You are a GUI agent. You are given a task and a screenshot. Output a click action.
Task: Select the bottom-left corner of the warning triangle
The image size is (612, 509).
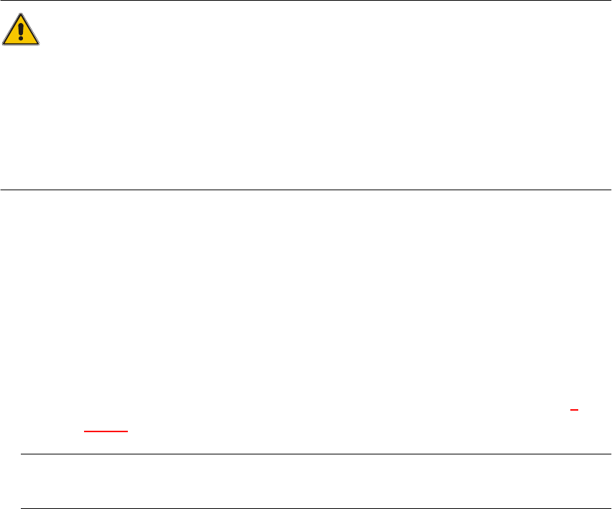tap(4, 45)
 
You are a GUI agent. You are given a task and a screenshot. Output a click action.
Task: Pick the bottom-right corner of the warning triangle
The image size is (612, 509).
tap(39, 45)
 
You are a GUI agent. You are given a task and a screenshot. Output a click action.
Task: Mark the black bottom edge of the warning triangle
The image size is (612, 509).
tap(21, 45)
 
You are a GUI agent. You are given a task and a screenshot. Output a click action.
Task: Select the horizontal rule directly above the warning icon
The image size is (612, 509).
tap(306, 1)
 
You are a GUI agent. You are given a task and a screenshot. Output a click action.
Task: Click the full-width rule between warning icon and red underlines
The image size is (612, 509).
tap(306, 190)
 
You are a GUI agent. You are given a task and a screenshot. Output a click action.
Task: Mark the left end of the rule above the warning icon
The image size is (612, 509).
tap(1, 1)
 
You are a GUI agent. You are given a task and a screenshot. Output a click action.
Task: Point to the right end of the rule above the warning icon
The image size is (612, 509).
tap(610, 1)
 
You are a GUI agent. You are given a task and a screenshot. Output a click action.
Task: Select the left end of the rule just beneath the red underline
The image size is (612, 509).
tap(21, 454)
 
